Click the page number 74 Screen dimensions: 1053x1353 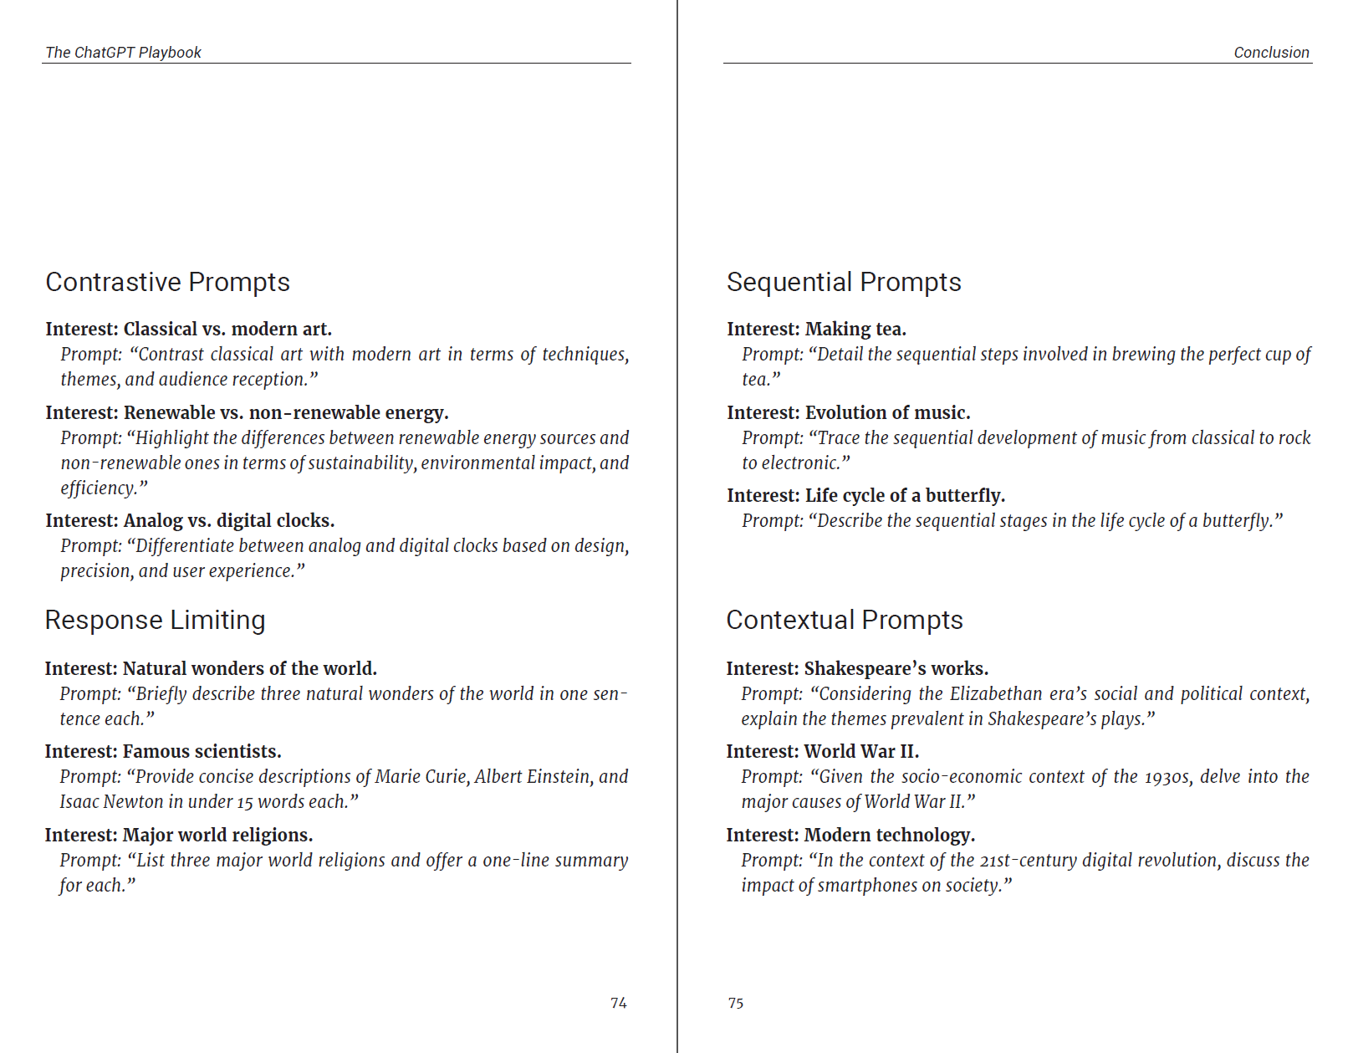pyautogui.click(x=618, y=1003)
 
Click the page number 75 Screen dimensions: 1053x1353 pyautogui.click(x=736, y=1003)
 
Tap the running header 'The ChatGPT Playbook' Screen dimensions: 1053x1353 pyautogui.click(x=123, y=53)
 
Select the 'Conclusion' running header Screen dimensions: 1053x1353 pyautogui.click(x=1271, y=53)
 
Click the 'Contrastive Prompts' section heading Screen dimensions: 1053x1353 pyautogui.click(x=167, y=283)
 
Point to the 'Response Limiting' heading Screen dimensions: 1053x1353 pyautogui.click(x=155, y=621)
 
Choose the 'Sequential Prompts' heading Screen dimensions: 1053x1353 pyautogui.click(x=844, y=283)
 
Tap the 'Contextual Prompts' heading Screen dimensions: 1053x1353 pyautogui.click(x=845, y=621)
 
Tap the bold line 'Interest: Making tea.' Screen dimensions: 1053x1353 pyautogui.click(x=816, y=330)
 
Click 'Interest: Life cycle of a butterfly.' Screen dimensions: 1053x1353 pyautogui.click(x=865, y=496)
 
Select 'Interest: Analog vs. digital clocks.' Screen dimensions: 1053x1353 pyautogui.click(x=190, y=521)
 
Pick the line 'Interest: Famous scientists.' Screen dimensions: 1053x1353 pyautogui.click(x=163, y=752)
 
